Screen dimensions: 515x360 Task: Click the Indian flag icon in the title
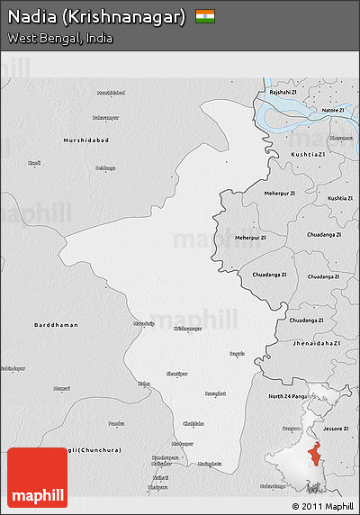pos(205,16)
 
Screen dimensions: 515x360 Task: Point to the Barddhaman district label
pos(56,324)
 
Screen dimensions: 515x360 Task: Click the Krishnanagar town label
pos(188,329)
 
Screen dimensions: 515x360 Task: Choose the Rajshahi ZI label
pos(283,92)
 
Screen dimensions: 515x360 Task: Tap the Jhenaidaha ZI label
pos(314,343)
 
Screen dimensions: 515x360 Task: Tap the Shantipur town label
pos(178,373)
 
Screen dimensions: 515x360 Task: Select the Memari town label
pos(61,388)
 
